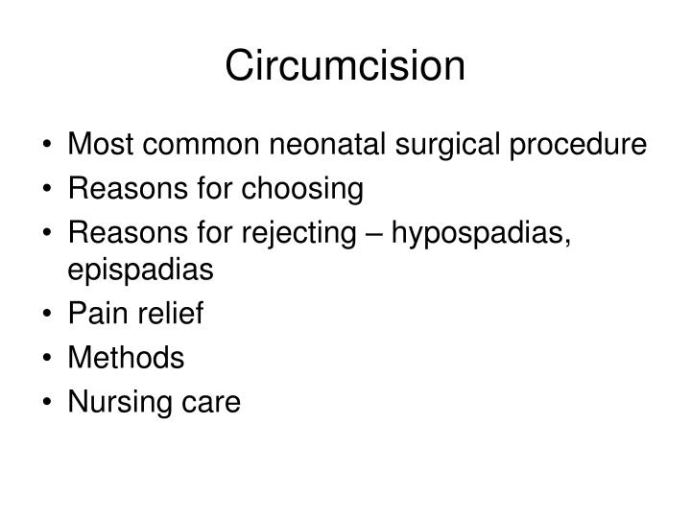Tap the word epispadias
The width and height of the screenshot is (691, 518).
[140, 270]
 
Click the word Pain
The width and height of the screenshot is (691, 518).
[98, 314]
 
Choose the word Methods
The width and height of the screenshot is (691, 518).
[125, 359]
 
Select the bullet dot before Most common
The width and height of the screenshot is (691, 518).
[48, 147]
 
